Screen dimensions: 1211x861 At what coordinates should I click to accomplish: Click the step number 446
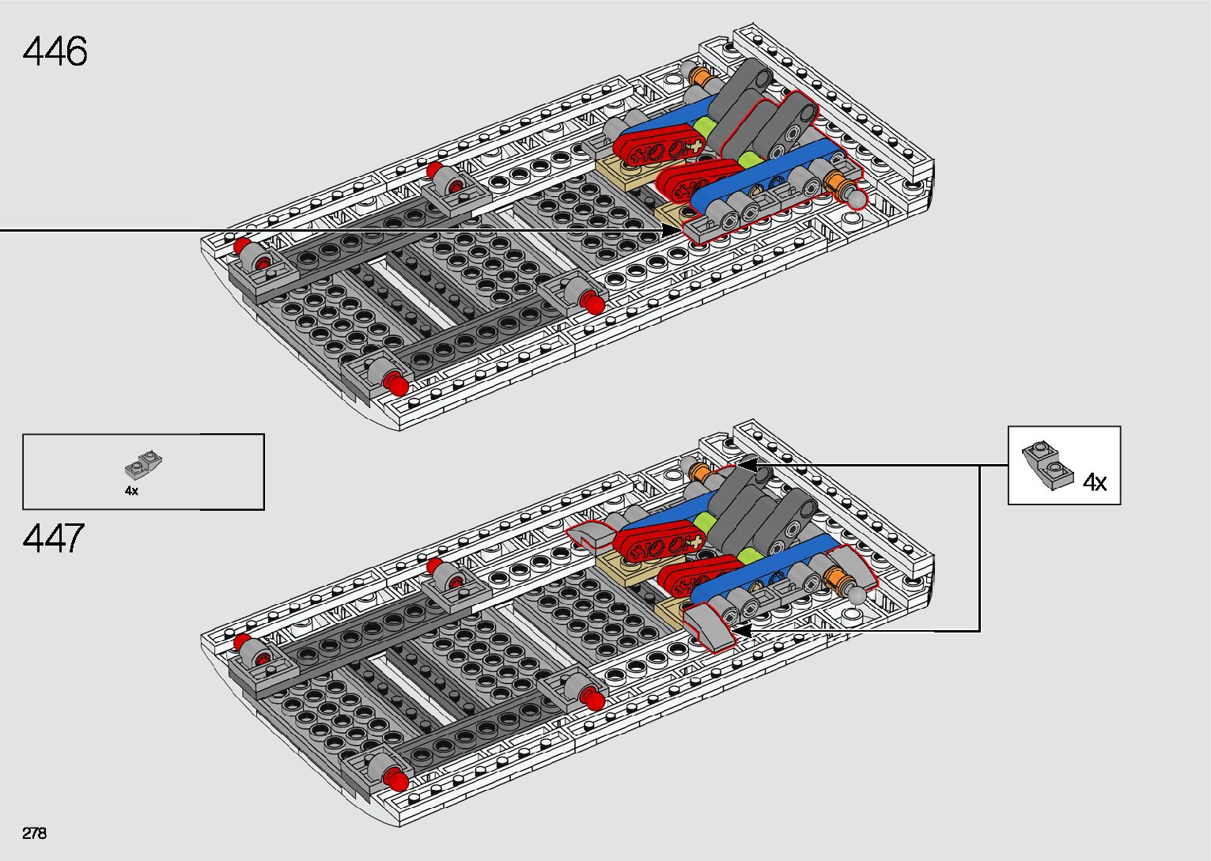[55, 51]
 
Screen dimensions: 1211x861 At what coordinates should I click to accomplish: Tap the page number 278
[35, 833]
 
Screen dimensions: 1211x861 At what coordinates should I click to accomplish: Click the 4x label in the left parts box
[131, 491]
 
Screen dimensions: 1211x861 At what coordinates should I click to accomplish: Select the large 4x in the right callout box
[1094, 482]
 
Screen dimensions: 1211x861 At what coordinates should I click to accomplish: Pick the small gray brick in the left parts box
[144, 465]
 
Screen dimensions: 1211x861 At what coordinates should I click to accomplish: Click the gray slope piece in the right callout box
[1047, 466]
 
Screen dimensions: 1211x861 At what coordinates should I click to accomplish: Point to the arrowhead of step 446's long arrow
[672, 230]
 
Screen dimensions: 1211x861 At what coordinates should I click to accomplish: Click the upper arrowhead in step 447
[747, 464]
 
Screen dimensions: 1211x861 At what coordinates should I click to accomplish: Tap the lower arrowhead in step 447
[739, 631]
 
